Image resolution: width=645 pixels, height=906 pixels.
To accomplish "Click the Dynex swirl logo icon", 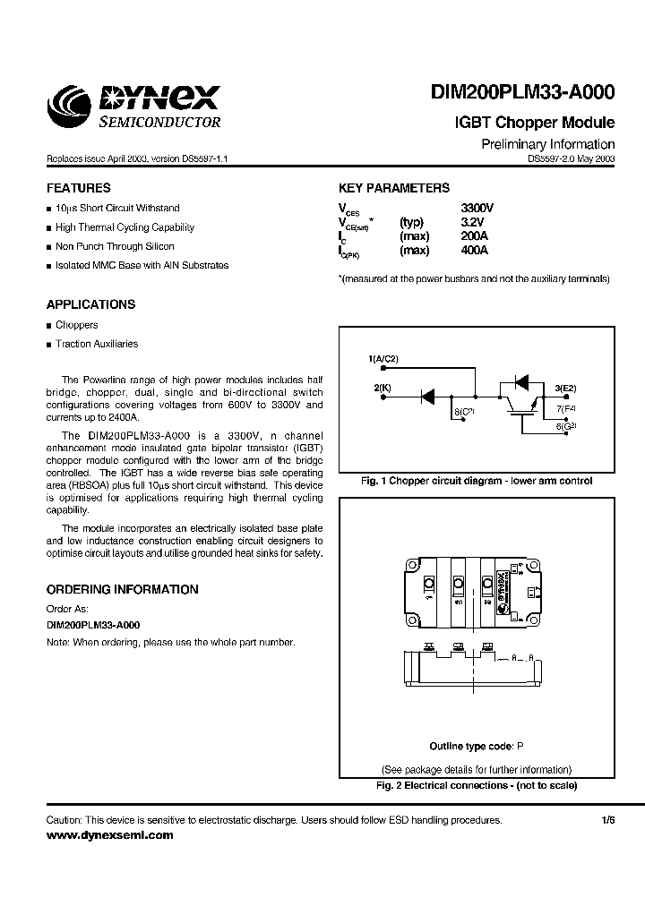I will pos(68,107).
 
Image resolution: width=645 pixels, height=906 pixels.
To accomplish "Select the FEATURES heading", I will pos(79,189).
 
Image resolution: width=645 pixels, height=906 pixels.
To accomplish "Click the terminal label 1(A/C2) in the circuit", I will pos(383,359).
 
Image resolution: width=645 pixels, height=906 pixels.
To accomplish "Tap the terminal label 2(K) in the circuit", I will pos(383,388).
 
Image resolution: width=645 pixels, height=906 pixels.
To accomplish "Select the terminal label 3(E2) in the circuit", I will pos(566,388).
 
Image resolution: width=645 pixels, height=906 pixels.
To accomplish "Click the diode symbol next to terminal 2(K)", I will pos(427,394).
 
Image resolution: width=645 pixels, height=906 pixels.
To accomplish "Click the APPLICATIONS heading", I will pos(90,304).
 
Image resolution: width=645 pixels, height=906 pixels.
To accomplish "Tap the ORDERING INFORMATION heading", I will pos(122,590).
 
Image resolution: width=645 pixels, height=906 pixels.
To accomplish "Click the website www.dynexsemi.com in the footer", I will pos(109,835).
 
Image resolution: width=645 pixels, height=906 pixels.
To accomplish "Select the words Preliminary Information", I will pos(547,144).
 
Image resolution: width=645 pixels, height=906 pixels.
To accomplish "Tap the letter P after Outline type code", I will pos(520,746).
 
